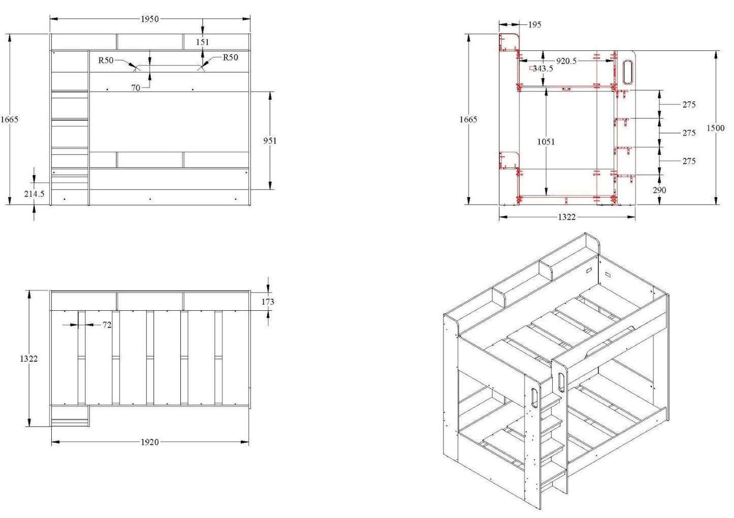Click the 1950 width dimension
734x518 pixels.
[x=149, y=19]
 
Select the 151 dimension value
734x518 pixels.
[x=202, y=42]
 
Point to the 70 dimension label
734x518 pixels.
[x=136, y=88]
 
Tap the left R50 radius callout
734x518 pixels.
[x=106, y=60]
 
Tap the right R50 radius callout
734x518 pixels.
[x=230, y=57]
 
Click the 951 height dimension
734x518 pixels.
[x=270, y=141]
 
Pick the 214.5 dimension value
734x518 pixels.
[x=34, y=193]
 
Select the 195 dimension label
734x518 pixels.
[x=534, y=24]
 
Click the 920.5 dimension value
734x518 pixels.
[x=566, y=61]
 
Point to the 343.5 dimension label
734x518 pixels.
[x=542, y=69]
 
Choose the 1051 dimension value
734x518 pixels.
[x=546, y=142]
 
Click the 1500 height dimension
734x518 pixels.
[x=715, y=128]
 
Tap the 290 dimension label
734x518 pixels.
[x=660, y=190]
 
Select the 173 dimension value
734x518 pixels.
[x=268, y=302]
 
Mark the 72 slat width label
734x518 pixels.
[x=107, y=325]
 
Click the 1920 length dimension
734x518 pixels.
[x=149, y=442]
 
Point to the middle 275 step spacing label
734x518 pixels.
[x=689, y=133]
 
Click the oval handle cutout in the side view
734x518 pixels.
[x=628, y=71]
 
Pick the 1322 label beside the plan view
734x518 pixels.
[x=28, y=359]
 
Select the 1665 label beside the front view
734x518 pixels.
[x=9, y=119]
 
